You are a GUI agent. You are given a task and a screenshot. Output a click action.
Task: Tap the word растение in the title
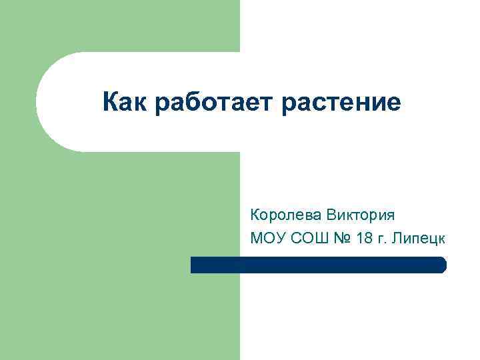(x=343, y=104)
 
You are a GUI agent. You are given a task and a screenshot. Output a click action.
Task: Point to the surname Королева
(x=286, y=215)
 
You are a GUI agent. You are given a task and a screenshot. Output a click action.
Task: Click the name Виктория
(x=360, y=215)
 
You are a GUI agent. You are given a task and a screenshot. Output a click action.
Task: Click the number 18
(x=365, y=237)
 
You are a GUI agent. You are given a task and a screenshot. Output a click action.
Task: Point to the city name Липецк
(x=420, y=237)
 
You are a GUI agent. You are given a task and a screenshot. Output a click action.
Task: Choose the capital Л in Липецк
(x=398, y=237)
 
